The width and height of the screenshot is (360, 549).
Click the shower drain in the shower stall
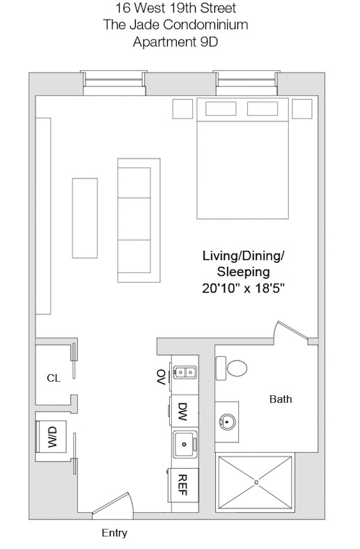(256, 481)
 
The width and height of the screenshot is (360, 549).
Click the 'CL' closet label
(53, 378)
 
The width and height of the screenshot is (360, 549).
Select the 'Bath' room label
(281, 400)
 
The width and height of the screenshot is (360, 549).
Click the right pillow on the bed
(263, 109)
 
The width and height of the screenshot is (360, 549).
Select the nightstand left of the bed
(182, 109)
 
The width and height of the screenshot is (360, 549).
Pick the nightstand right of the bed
(302, 109)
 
